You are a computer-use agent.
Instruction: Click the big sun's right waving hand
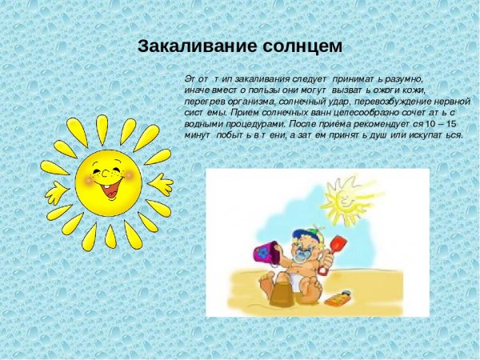(x=161, y=185)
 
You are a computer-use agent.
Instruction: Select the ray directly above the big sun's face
(x=102, y=129)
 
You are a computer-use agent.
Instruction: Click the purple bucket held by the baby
(x=264, y=252)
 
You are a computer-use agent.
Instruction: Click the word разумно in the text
(x=400, y=81)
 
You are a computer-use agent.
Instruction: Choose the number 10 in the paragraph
(x=431, y=126)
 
